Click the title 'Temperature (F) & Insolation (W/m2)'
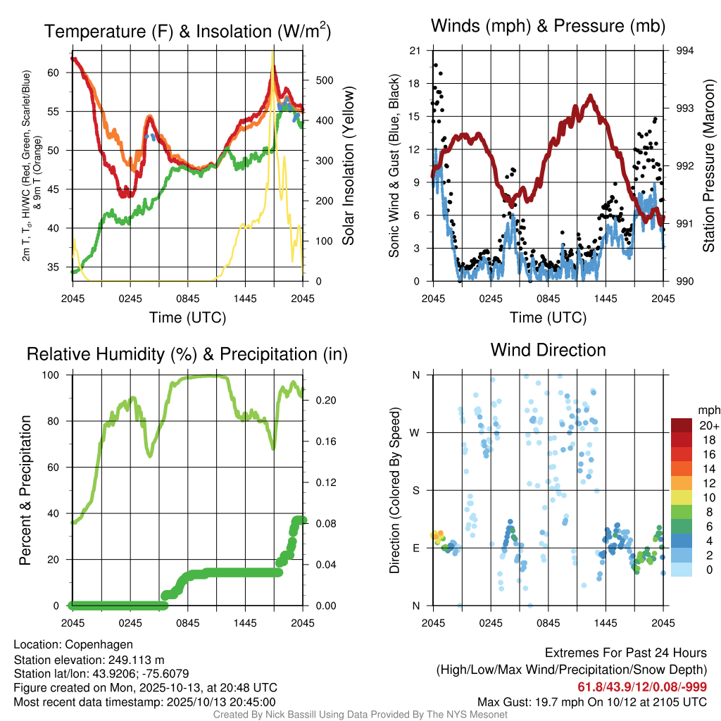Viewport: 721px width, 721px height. coord(187,31)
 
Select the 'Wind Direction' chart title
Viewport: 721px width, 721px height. coord(548,350)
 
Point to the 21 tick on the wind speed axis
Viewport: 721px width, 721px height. coord(415,51)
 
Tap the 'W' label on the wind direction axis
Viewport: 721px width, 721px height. coord(415,432)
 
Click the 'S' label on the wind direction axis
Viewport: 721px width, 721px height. coord(416,490)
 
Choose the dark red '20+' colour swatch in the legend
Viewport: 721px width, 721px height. coord(682,426)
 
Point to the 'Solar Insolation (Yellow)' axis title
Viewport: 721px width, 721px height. coord(348,166)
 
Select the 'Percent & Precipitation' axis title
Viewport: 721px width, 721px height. coord(25,490)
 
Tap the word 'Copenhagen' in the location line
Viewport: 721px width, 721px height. coord(94,644)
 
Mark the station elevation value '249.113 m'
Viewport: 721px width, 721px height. coord(137,660)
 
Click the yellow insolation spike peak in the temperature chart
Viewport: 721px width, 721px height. coord(272,53)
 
